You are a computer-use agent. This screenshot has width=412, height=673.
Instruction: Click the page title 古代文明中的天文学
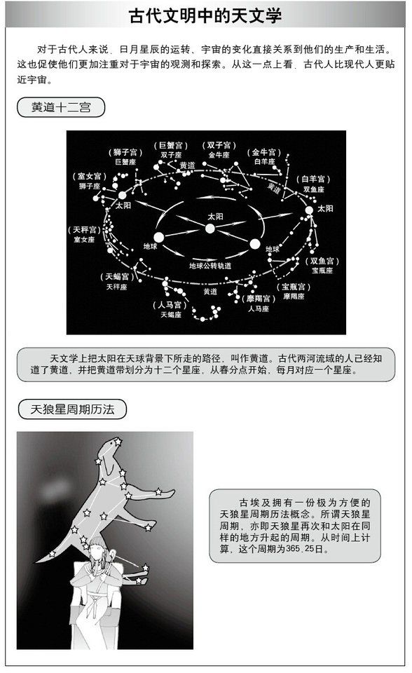[205, 15]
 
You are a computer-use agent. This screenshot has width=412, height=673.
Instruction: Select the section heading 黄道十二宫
[61, 107]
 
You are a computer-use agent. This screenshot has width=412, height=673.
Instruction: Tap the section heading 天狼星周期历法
[72, 409]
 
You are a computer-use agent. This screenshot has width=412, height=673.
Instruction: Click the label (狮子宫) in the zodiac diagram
[125, 152]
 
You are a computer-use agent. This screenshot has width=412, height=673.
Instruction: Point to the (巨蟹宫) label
[171, 146]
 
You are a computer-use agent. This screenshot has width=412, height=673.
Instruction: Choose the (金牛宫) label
[264, 152]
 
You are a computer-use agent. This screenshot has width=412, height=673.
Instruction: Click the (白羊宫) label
[313, 179]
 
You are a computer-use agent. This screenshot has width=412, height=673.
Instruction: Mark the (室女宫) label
[89, 177]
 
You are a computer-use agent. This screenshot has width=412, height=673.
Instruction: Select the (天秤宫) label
[84, 230]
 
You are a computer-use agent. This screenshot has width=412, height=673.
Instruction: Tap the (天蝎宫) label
[117, 277]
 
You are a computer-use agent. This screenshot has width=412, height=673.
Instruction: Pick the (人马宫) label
[170, 305]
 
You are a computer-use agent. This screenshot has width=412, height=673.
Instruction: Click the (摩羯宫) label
[259, 299]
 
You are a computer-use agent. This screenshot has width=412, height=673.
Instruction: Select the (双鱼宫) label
[322, 261]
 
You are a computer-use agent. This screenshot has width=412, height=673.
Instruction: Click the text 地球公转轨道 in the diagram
[210, 266]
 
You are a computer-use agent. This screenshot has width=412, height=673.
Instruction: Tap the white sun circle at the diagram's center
[210, 229]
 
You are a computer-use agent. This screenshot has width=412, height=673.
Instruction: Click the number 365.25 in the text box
[300, 548]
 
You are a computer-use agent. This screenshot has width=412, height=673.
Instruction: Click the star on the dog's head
[118, 441]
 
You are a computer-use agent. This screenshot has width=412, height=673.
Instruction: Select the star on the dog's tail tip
[53, 554]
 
